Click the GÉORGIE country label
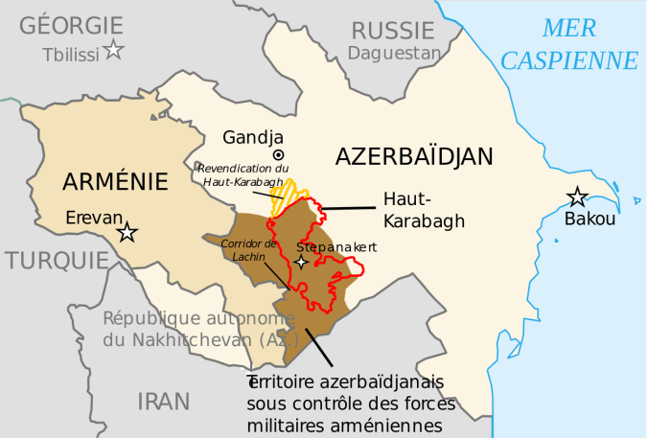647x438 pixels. click(71, 25)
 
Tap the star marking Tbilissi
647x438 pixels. click(114, 50)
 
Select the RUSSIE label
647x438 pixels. click(393, 30)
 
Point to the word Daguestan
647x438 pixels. click(393, 53)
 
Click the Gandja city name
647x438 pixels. click(251, 137)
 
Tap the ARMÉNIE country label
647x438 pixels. click(114, 180)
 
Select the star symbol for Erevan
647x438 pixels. click(127, 233)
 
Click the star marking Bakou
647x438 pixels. click(577, 197)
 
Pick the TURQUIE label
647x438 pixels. click(55, 261)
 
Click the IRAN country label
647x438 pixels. click(163, 401)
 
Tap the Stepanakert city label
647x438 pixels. click(336, 247)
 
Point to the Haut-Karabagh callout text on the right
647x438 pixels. click(424, 210)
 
